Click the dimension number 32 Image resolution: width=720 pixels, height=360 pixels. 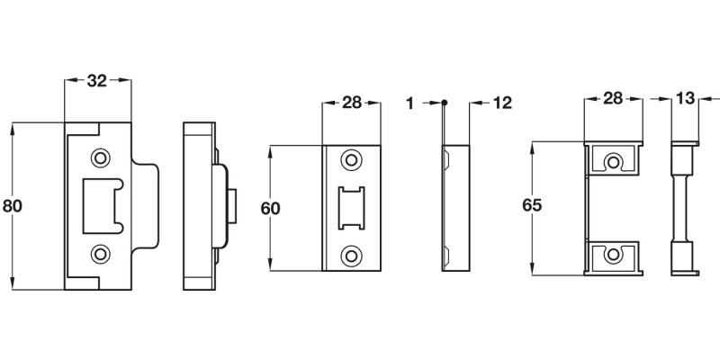(97, 81)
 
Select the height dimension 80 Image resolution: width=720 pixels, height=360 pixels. (13, 206)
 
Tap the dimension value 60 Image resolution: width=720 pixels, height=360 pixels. (270, 208)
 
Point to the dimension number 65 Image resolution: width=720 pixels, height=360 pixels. (532, 206)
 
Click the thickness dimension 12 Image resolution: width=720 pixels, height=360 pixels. (501, 103)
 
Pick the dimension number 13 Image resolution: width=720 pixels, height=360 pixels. (685, 98)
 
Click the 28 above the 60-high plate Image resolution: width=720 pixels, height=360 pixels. (351, 103)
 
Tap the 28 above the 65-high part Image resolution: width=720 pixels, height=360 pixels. (613, 98)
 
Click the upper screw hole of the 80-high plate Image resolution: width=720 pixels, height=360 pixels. (100, 158)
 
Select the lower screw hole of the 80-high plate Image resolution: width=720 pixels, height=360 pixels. (100, 253)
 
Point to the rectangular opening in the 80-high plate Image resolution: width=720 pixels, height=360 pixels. (104, 205)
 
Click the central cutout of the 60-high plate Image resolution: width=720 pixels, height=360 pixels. (350, 207)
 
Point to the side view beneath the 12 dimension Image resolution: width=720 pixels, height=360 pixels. (455, 206)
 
